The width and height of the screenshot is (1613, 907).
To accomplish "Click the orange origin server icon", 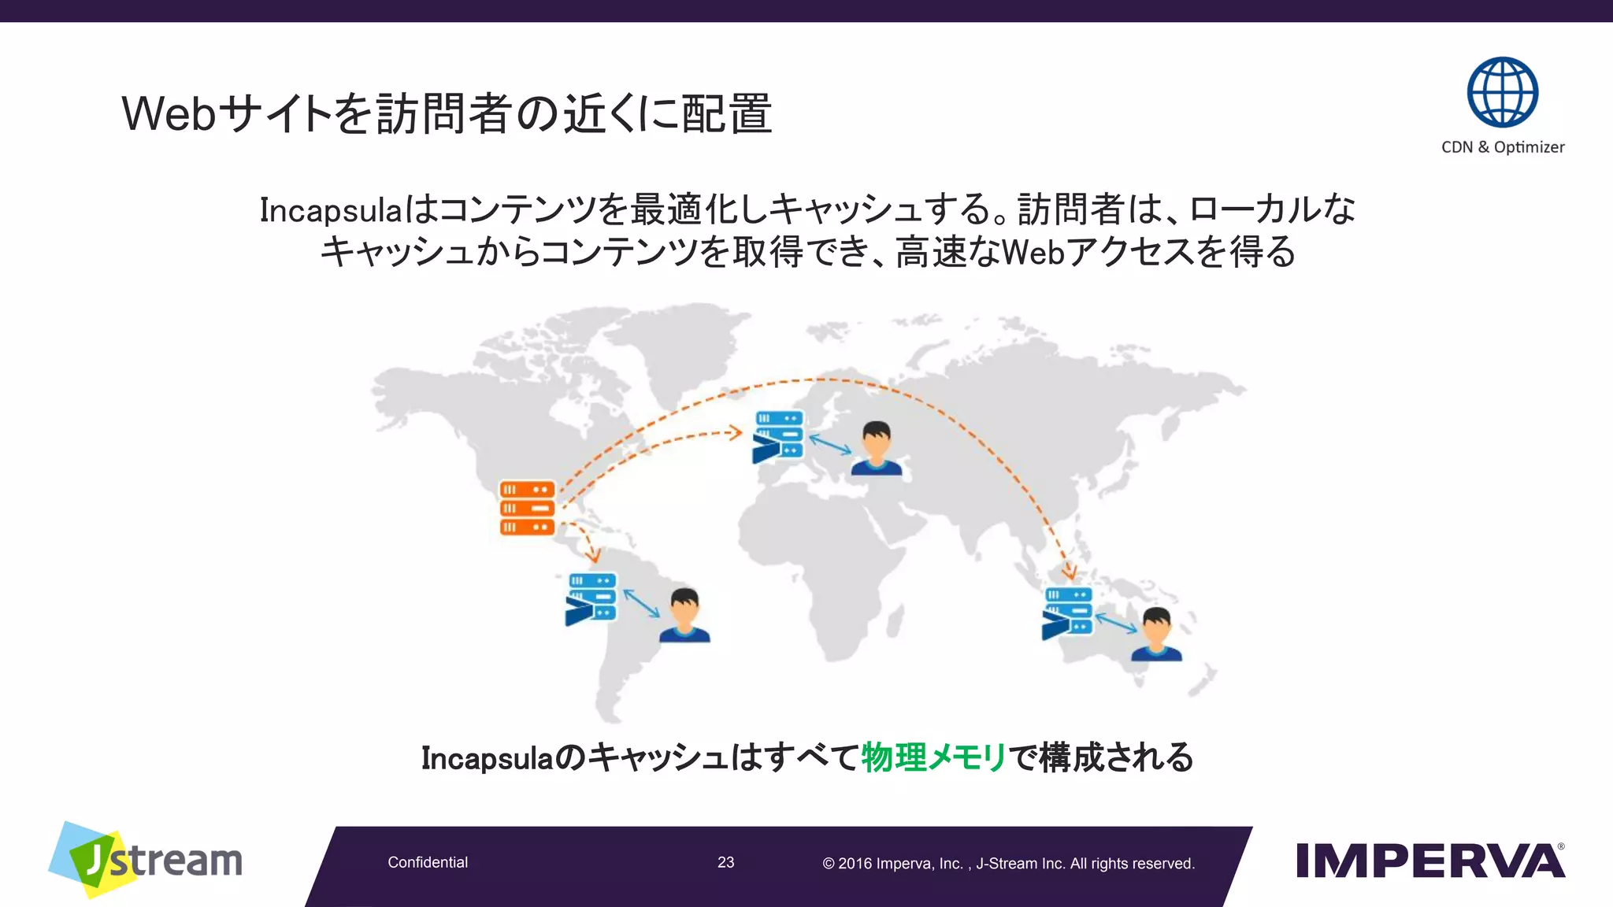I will coord(527,508).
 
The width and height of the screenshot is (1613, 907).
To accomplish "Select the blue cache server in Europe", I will coord(778,435).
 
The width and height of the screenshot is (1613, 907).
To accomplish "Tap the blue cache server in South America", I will coord(591,599).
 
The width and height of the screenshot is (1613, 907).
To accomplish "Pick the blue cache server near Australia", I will coord(1067,613).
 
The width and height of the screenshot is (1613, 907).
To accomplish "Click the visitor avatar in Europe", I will coord(876,448).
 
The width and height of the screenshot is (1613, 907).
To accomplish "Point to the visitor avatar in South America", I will coord(684,615).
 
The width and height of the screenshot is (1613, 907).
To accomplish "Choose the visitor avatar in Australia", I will coord(1156,634).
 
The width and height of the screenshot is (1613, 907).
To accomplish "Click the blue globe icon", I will coord(1502,92).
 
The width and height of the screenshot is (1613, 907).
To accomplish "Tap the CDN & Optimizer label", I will coord(1502,147).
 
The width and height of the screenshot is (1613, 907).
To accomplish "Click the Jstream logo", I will coord(146,860).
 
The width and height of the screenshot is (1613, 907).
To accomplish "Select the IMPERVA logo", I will coord(1429,861).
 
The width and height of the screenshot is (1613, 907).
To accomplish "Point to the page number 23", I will coord(725,863).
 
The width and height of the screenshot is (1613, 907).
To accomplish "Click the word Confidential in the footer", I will coord(428,863).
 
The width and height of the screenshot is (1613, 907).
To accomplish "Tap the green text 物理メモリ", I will coord(933,757).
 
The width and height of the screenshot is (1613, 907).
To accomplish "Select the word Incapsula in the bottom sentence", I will coord(487,758).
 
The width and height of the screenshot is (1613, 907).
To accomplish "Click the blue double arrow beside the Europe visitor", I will coord(830,444).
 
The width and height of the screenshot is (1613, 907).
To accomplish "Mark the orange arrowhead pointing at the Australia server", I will coord(1069,572).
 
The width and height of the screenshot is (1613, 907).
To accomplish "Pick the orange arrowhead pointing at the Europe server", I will coord(736,432).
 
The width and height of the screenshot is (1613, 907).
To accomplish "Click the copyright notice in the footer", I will coord(1008,864).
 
